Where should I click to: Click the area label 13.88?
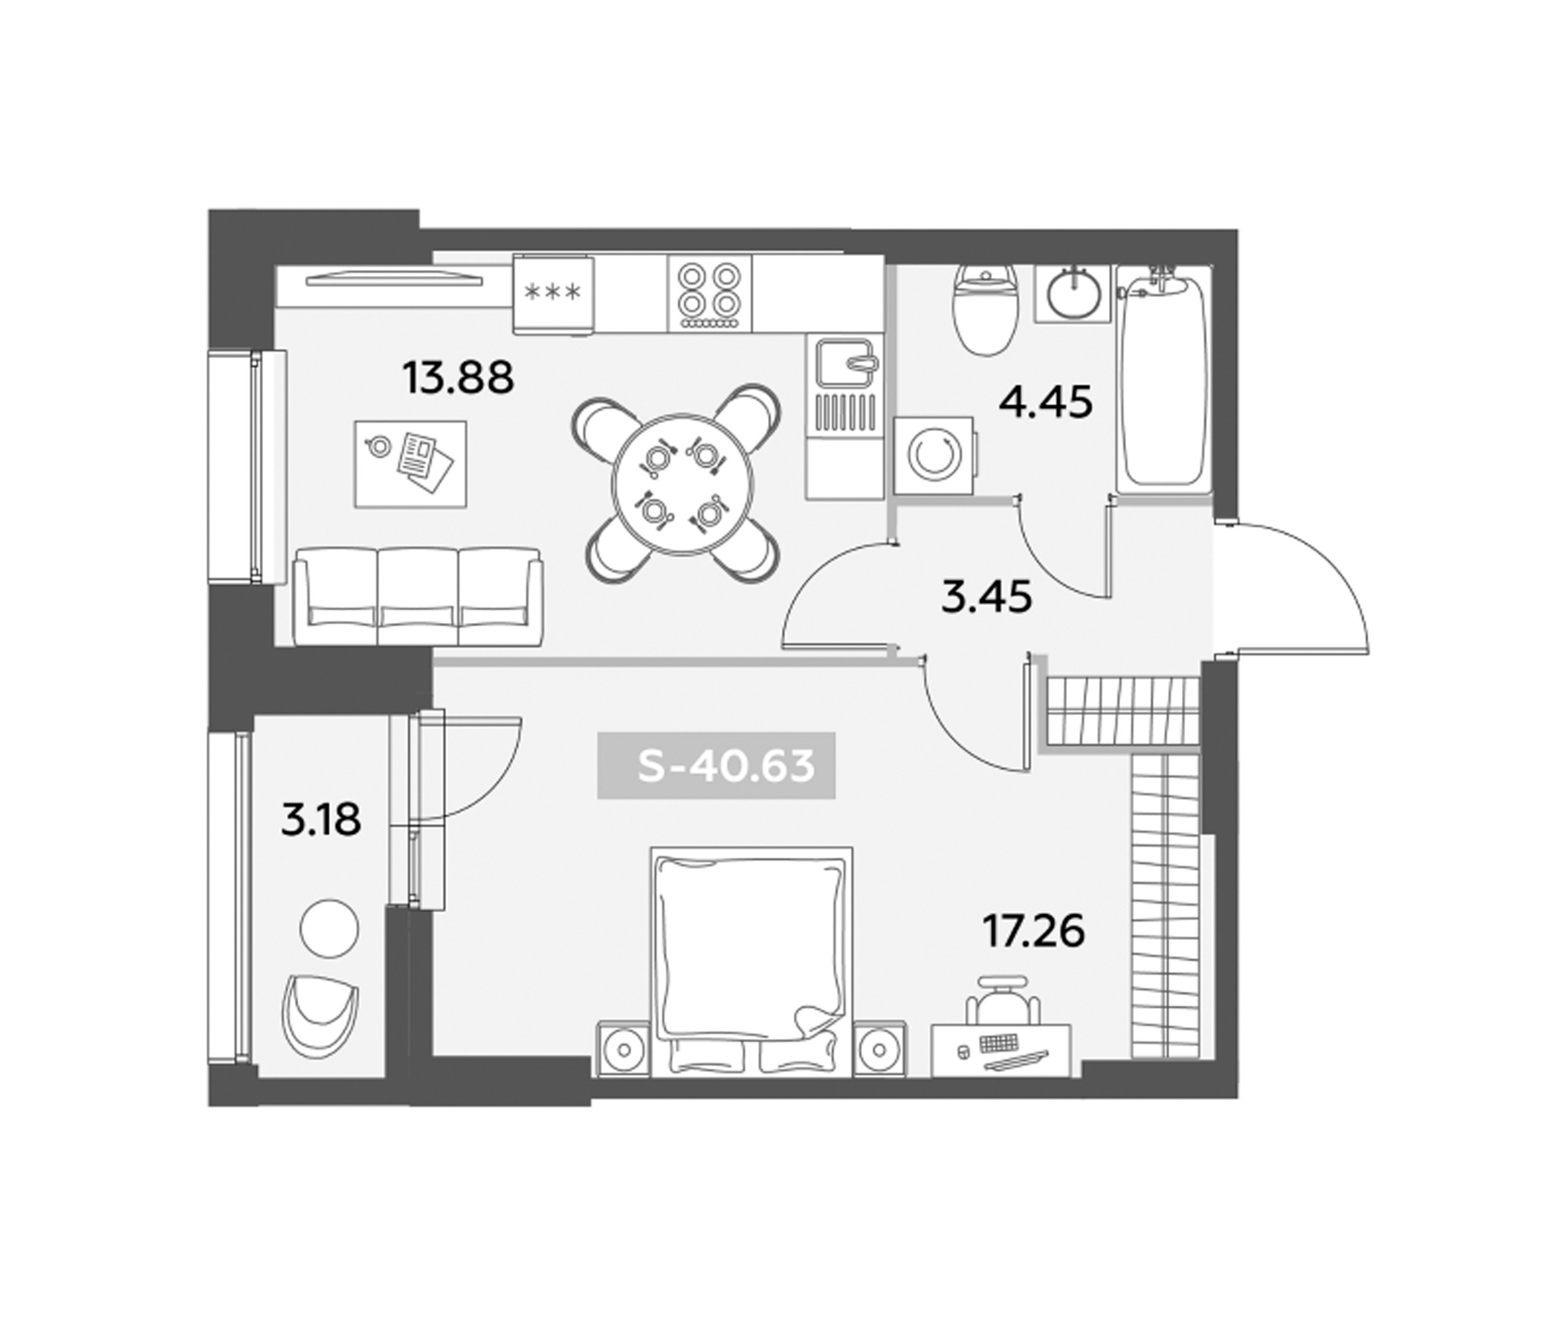coord(458,378)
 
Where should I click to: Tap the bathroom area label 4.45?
coord(1045,403)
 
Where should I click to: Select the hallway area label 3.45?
coord(986,598)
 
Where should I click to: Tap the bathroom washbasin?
coord(1073,295)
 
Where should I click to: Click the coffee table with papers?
coord(410,463)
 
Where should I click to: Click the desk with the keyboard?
coord(1001,1050)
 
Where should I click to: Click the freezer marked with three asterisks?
coord(553,292)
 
